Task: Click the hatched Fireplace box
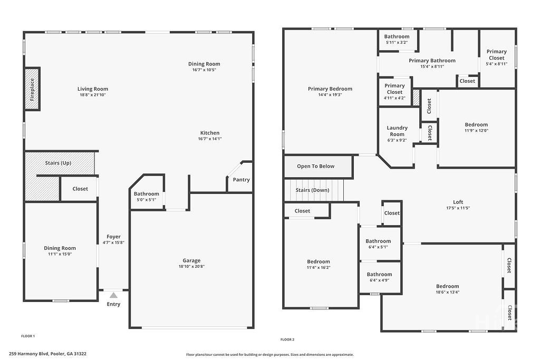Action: [32, 89]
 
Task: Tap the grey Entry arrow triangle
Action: [113, 295]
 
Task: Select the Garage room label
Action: [191, 260]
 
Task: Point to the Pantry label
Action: [241, 180]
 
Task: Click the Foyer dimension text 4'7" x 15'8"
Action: [113, 242]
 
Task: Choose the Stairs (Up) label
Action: [58, 163]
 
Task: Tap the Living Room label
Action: [93, 89]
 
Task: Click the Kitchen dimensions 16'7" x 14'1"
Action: [210, 139]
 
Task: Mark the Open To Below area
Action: [315, 166]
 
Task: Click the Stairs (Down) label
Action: [313, 190]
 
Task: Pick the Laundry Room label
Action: [397, 131]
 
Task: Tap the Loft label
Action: [458, 202]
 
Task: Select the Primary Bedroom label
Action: [330, 89]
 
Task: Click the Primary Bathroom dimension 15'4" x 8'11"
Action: [432, 66]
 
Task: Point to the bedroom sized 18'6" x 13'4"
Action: [447, 289]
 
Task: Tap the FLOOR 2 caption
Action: [287, 339]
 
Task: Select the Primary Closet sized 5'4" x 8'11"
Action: [496, 57]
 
